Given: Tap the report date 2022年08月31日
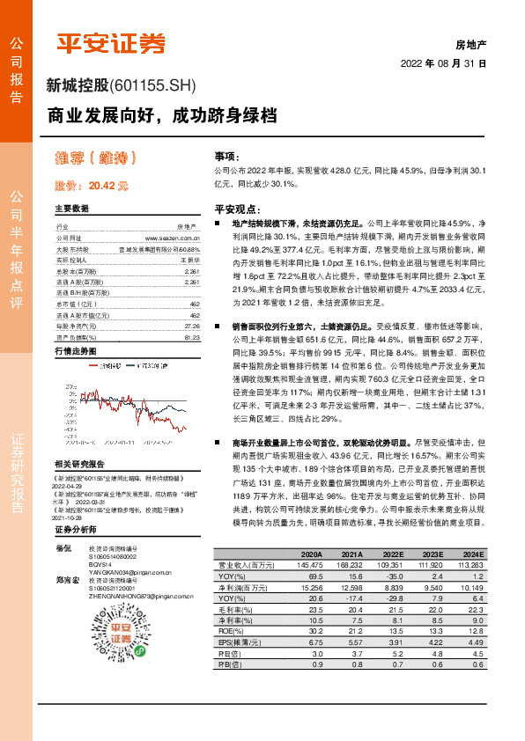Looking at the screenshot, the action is pyautogui.click(x=443, y=63).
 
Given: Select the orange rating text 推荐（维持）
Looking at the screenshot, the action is pyautogui.click(x=96, y=158).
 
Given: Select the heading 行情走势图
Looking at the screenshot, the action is pyautogui.click(x=74, y=350).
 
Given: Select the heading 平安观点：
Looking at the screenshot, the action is pyautogui.click(x=237, y=209).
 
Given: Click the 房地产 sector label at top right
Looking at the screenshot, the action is pyautogui.click(x=470, y=43).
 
